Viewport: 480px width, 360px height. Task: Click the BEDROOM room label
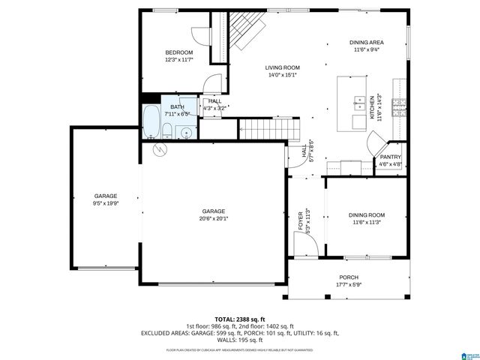[x=178, y=52]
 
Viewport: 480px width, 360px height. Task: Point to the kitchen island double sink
[x=355, y=102]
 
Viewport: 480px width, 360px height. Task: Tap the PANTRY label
[x=391, y=157]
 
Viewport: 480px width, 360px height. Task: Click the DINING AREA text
[x=367, y=42]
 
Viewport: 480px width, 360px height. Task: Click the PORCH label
[x=349, y=277]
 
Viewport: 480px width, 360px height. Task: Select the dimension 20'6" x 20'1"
[x=214, y=218]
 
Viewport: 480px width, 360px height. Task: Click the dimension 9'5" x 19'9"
[x=105, y=202]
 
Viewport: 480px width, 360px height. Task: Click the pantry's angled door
[x=375, y=142]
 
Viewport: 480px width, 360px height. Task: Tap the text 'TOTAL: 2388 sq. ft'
[x=240, y=319]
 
